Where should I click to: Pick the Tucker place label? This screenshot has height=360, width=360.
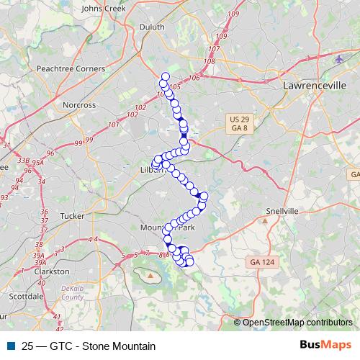click(73, 215)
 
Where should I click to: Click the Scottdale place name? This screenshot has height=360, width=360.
click(27, 296)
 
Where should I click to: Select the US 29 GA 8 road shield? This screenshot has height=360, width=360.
click(240, 122)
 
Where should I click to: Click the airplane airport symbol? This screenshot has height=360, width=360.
click(340, 59)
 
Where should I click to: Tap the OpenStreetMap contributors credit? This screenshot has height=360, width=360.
click(297, 322)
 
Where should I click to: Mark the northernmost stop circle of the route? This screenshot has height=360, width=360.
click(166, 76)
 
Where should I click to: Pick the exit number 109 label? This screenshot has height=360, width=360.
click(221, 36)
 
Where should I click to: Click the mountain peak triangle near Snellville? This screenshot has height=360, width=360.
click(265, 221)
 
